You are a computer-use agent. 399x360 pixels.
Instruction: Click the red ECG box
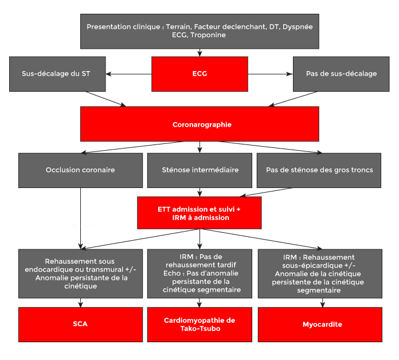[199, 74]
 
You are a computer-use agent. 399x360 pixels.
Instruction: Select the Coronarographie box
[199, 124]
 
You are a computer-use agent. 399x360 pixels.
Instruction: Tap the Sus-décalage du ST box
[57, 74]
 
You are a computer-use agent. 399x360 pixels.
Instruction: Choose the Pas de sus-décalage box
[341, 74]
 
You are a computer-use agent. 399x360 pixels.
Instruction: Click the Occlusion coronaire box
[80, 170]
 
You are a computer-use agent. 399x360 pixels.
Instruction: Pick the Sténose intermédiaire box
[199, 170]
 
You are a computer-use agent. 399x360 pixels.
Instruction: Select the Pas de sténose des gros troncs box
[319, 170]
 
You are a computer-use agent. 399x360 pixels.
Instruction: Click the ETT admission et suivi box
[199, 213]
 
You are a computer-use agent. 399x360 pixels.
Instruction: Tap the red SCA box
[80, 324]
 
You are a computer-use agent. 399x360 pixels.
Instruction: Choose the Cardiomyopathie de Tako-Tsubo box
[199, 324]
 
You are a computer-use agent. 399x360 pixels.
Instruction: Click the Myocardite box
[320, 324]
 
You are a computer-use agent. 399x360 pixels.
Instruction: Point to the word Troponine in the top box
[208, 35]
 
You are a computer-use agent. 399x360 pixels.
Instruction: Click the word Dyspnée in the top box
[298, 27]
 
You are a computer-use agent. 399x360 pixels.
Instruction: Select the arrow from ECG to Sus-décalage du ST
[128, 74]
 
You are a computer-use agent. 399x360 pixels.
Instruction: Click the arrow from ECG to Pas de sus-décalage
[271, 74]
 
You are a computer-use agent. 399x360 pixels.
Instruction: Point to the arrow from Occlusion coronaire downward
[80, 218]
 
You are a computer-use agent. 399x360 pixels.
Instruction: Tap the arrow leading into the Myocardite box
[323, 303]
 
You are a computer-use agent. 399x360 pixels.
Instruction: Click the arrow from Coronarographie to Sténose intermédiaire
[199, 147]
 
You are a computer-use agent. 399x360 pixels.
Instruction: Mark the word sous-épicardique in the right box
[312, 265]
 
